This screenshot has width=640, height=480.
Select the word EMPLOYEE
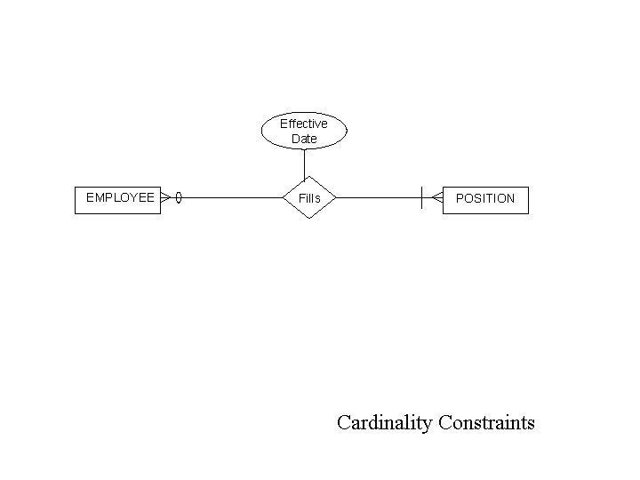pyautogui.click(x=120, y=197)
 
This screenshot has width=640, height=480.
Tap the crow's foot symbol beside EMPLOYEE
pyautogui.click(x=166, y=197)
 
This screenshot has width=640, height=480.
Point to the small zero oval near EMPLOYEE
pyautogui.click(x=179, y=197)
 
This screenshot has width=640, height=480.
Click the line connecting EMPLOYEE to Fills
pyautogui.click(x=231, y=197)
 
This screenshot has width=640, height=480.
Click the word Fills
pyautogui.click(x=309, y=198)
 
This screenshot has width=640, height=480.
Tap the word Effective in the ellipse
pyautogui.click(x=304, y=124)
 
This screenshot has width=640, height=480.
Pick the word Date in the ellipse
pyautogui.click(x=304, y=139)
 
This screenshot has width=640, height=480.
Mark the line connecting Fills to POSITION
pyautogui.click(x=378, y=197)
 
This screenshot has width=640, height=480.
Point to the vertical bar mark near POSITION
pyautogui.click(x=422, y=197)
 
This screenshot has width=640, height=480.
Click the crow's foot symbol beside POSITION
pyautogui.click(x=436, y=198)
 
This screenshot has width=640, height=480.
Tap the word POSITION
pyautogui.click(x=485, y=198)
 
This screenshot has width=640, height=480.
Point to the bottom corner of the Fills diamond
pyautogui.click(x=308, y=219)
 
